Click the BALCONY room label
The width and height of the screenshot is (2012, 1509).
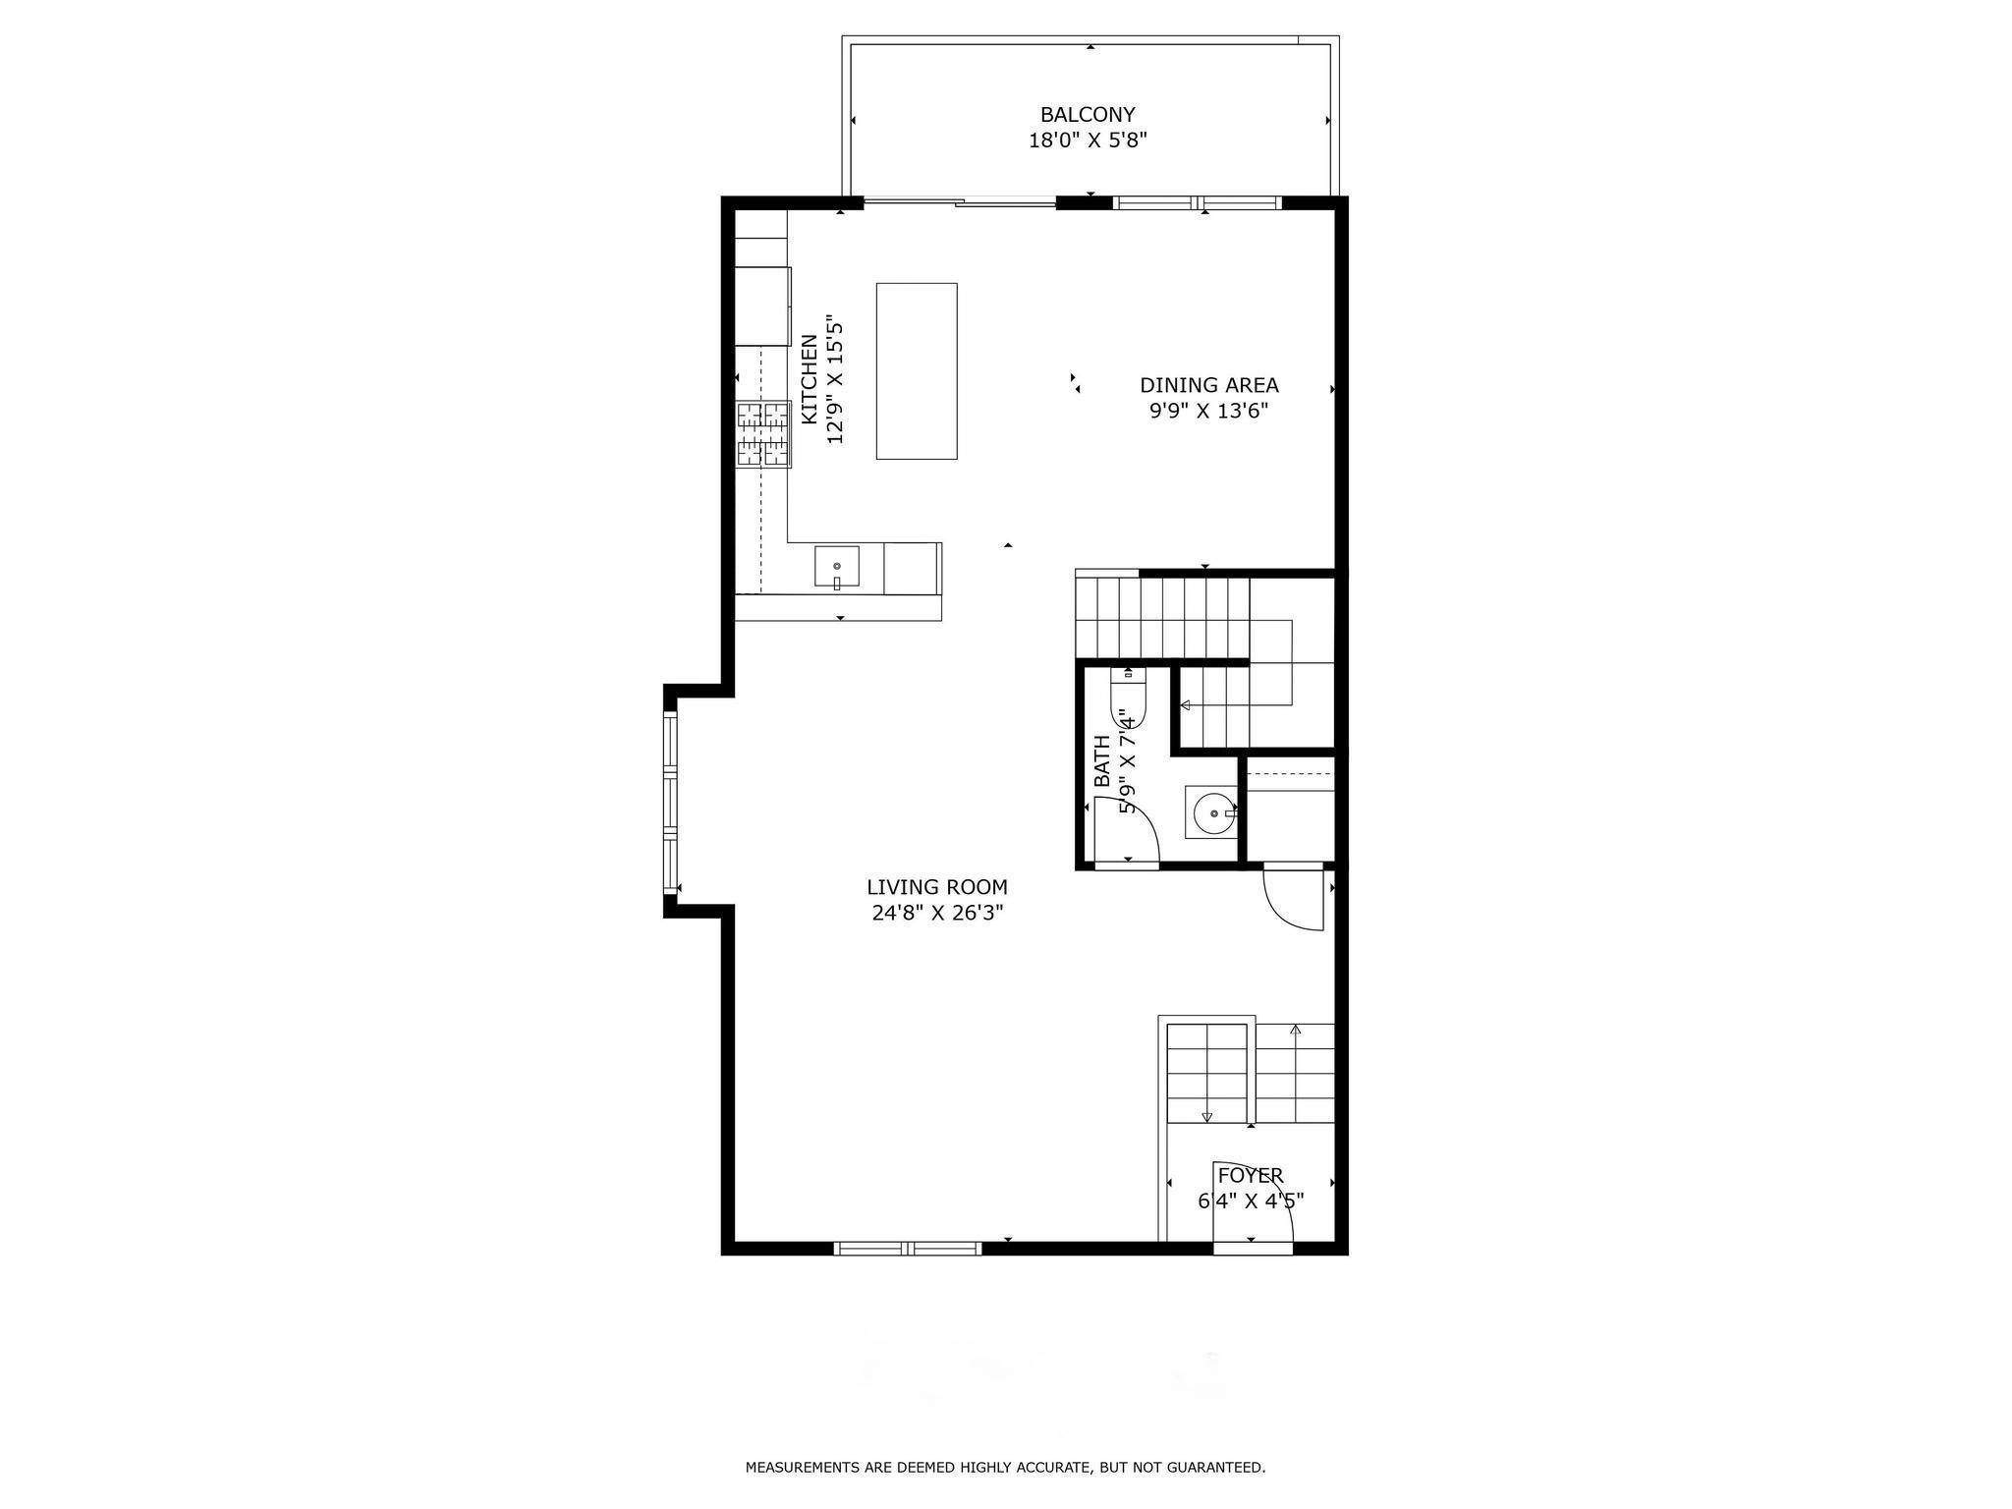[x=1088, y=114]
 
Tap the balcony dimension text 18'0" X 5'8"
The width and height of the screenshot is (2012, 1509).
[x=1088, y=140]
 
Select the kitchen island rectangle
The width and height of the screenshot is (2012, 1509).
[x=917, y=370]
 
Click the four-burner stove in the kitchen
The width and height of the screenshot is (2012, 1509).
[x=763, y=433]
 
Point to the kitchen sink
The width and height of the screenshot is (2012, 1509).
[x=836, y=569]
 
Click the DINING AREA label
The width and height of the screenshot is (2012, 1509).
[x=1208, y=385]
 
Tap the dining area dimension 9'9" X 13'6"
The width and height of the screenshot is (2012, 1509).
[x=1208, y=412]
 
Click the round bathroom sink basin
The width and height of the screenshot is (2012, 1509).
[x=1214, y=812]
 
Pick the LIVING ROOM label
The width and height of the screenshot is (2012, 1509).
[x=936, y=887]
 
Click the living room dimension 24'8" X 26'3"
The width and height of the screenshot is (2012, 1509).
[x=936, y=914]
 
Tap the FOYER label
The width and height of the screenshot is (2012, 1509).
[x=1250, y=1175]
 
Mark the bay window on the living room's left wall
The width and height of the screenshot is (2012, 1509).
[x=671, y=804]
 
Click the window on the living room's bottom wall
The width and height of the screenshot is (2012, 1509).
[x=907, y=1249]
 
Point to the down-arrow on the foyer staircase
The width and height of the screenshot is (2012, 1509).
[x=1206, y=1116]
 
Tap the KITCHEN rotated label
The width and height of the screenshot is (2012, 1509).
[x=810, y=380]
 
